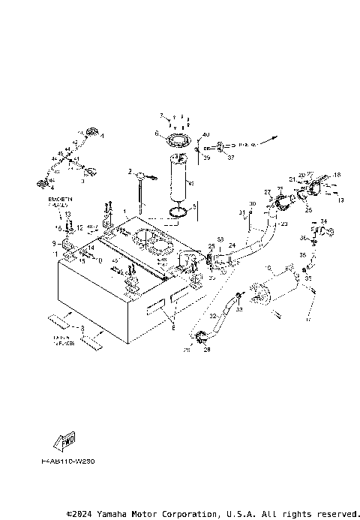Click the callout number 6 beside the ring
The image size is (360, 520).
point(157,135)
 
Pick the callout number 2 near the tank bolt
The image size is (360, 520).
point(130,173)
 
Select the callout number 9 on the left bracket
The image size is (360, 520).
point(54,243)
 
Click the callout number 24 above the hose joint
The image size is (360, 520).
point(232,245)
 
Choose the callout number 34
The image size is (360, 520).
point(324,221)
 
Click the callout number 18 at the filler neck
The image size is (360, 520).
point(337,175)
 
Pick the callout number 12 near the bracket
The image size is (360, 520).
point(79,227)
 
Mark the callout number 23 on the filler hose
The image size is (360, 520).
point(283,224)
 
